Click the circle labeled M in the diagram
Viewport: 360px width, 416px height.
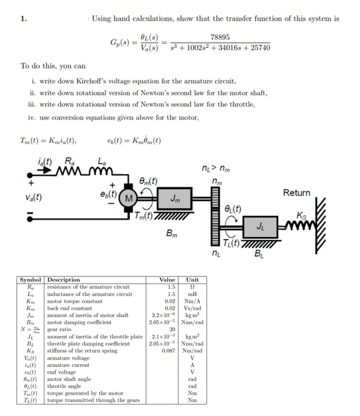(129, 199)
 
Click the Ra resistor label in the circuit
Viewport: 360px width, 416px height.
(70, 163)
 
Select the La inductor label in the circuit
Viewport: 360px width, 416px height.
(100, 163)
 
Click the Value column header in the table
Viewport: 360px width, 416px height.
(166, 280)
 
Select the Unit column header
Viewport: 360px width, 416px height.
(192, 280)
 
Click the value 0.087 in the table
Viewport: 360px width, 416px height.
(168, 350)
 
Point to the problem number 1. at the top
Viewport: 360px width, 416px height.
(24, 19)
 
